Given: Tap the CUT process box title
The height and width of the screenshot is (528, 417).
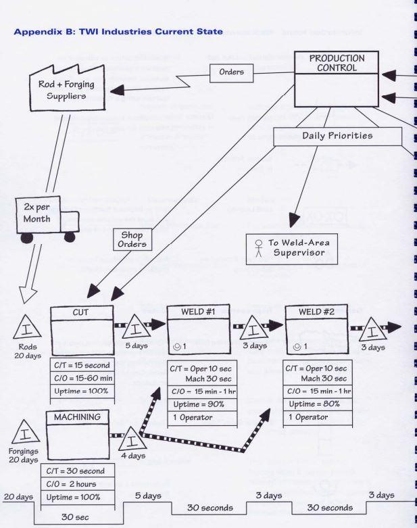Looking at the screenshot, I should [x=82, y=313].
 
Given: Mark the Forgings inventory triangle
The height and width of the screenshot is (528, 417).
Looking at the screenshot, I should [x=25, y=435].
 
